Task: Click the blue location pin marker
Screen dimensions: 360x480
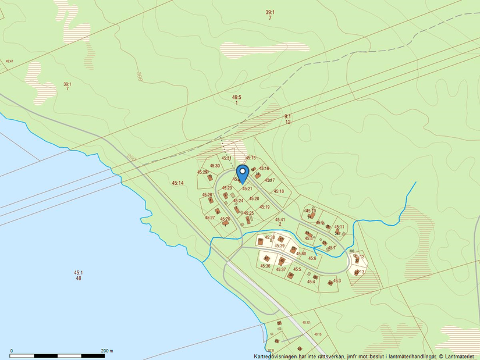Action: [x=243, y=173]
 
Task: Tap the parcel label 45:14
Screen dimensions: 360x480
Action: [x=177, y=183]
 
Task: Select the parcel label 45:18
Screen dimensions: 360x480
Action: [x=279, y=191]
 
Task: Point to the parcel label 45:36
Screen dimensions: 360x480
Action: [x=265, y=266]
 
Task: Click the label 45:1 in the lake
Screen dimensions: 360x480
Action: [x=79, y=273]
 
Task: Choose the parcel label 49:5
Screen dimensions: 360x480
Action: [x=236, y=98]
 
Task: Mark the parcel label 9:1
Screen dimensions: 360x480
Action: [x=287, y=117]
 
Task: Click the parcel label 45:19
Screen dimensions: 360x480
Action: [x=265, y=207]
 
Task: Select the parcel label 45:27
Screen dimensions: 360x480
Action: [x=209, y=218]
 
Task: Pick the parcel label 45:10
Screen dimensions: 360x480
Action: [x=311, y=211]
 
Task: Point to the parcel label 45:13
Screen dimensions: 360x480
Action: [x=360, y=272]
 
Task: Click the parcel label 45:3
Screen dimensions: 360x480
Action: [x=337, y=281]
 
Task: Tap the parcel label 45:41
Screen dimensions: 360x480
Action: [x=280, y=220]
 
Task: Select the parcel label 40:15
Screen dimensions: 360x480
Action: [x=317, y=334]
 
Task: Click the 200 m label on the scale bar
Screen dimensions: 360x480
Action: [x=107, y=351]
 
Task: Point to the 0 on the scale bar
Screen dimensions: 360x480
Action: [x=12, y=351]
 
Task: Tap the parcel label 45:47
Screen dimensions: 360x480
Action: [x=9, y=61]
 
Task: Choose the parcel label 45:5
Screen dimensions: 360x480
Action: [x=297, y=269]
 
